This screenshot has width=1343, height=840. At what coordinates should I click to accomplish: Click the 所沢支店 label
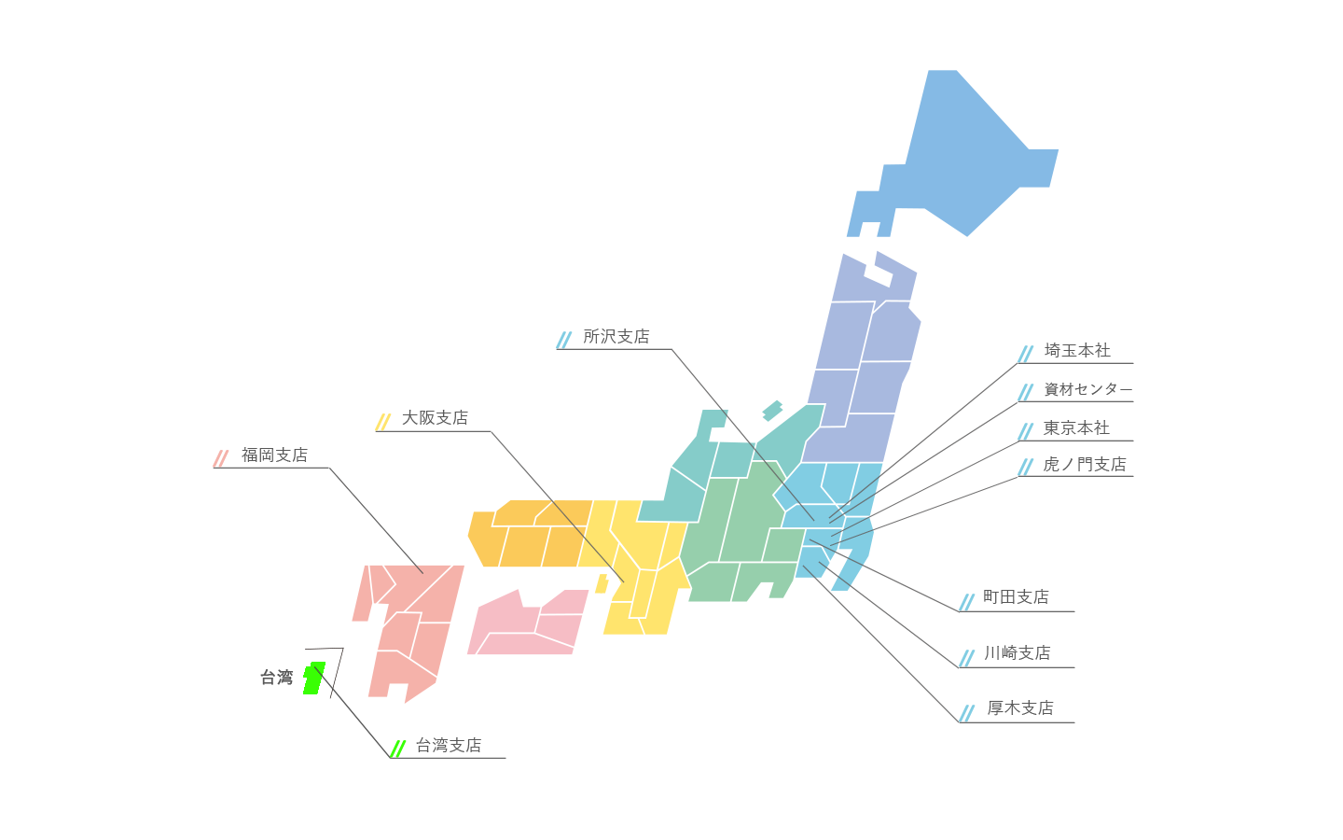click(616, 337)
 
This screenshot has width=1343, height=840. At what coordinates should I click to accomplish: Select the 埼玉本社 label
click(1077, 351)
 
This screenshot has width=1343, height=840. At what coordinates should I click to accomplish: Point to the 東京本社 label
click(1076, 428)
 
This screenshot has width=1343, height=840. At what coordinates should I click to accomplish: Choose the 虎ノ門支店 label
click(1085, 465)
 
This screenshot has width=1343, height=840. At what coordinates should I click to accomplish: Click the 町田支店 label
click(1016, 597)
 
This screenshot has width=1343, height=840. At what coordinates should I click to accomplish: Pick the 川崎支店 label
click(1017, 653)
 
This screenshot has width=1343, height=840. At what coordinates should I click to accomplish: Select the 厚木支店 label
click(1020, 708)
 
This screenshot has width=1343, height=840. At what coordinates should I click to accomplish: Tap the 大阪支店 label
click(435, 418)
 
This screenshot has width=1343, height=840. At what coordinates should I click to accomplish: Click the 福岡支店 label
click(273, 455)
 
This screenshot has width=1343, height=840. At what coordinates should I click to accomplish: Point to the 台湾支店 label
click(450, 746)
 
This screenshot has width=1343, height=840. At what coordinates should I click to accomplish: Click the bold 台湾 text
click(276, 678)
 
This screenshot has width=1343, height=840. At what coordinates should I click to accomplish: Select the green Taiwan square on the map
click(313, 677)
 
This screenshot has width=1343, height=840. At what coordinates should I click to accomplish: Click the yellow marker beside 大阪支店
click(387, 422)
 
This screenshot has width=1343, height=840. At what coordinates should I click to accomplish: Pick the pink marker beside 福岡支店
click(226, 458)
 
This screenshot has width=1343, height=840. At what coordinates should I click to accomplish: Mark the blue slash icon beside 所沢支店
click(564, 340)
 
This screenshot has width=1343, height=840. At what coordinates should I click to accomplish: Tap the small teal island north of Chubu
click(771, 410)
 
